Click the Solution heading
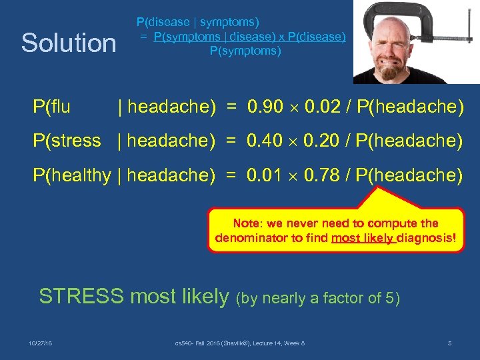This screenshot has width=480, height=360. tap(69, 43)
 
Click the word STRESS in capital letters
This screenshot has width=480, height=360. tap(81, 296)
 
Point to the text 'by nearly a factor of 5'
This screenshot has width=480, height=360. tap(318, 298)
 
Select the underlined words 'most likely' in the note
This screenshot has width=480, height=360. tap(363, 239)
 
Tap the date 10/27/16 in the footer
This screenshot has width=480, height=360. tap(41, 343)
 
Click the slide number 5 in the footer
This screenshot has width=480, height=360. tap(449, 343)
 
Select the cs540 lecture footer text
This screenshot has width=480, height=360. tap(239, 343)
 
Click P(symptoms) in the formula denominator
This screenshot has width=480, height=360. tap(245, 51)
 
